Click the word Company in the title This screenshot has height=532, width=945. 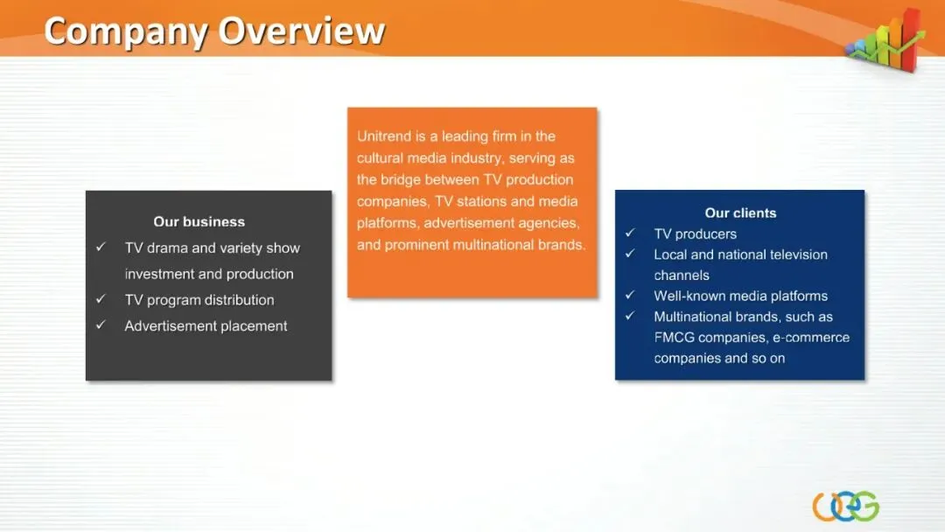(126, 32)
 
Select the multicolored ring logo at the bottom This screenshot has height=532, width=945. (845, 506)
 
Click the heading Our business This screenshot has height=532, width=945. (199, 221)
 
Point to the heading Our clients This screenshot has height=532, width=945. (740, 213)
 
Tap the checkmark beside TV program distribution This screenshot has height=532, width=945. (101, 299)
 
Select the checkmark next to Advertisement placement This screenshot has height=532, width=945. (101, 325)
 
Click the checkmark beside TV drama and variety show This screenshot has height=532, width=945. (101, 247)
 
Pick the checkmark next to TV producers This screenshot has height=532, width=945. (630, 233)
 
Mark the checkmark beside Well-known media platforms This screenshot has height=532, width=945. (630, 295)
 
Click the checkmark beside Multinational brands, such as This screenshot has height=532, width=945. (630, 316)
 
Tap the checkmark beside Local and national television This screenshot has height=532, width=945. (630, 254)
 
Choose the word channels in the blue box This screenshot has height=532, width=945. (682, 276)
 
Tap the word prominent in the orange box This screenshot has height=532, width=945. (416, 245)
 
